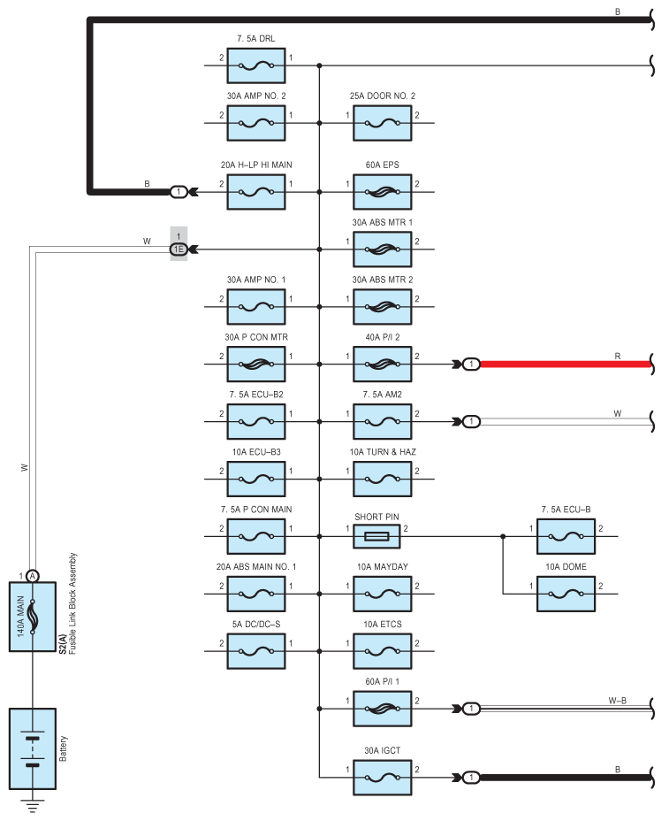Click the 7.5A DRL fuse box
pos(255,65)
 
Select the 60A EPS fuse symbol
pos(382,192)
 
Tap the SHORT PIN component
pos(376,536)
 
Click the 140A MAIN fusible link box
pos(33,617)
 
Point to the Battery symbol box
pos(33,748)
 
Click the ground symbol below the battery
pos(33,805)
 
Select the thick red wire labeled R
pos(566,364)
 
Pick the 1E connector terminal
pos(179,249)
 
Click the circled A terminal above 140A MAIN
pos(33,576)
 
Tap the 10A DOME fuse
pos(566,594)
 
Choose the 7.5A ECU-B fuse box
pos(566,536)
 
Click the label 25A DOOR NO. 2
pos(383,96)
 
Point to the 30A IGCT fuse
pos(382,778)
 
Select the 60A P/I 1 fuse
pos(382,709)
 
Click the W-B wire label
pos(617,701)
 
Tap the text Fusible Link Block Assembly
pos(72,603)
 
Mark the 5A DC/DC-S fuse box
pos(255,651)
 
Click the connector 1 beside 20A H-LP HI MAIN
pos(179,192)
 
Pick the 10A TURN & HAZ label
pos(383,452)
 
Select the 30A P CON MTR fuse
pos(255,364)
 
